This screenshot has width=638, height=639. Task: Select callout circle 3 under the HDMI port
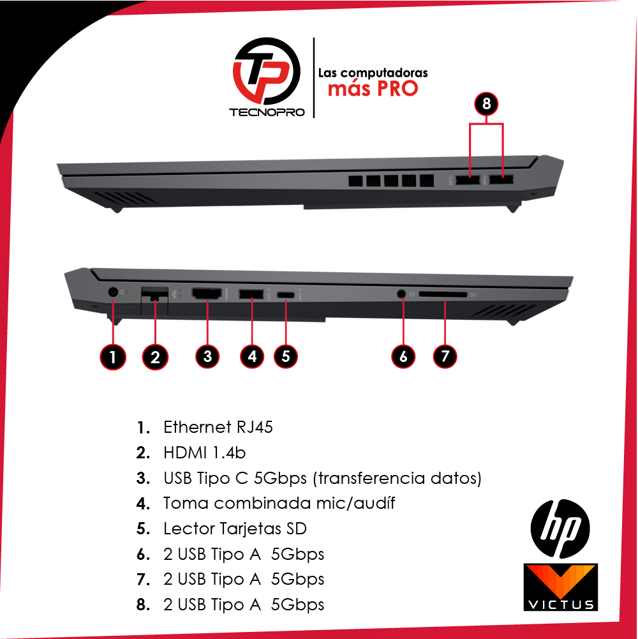click(x=207, y=356)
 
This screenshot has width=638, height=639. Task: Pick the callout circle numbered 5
click(x=286, y=356)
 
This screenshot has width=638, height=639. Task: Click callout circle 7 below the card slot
click(x=445, y=356)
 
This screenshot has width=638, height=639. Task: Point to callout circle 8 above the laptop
click(x=487, y=103)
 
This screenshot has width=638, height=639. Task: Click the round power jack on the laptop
click(x=113, y=292)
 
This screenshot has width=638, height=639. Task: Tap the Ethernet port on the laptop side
click(x=153, y=294)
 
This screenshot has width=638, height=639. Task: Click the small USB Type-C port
click(x=286, y=295)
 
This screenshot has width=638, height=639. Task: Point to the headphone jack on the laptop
click(x=401, y=294)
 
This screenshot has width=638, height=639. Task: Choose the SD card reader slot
click(x=444, y=295)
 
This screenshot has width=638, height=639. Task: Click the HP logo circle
click(x=560, y=527)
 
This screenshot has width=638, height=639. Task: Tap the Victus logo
click(x=560, y=587)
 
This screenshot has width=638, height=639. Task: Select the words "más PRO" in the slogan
click(x=373, y=88)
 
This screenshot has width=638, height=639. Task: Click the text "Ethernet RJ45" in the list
click(x=218, y=427)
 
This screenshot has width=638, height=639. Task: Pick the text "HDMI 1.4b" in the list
click(x=204, y=453)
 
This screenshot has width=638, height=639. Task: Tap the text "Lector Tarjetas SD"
click(x=235, y=529)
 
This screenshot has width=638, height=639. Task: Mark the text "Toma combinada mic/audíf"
click(x=279, y=503)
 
